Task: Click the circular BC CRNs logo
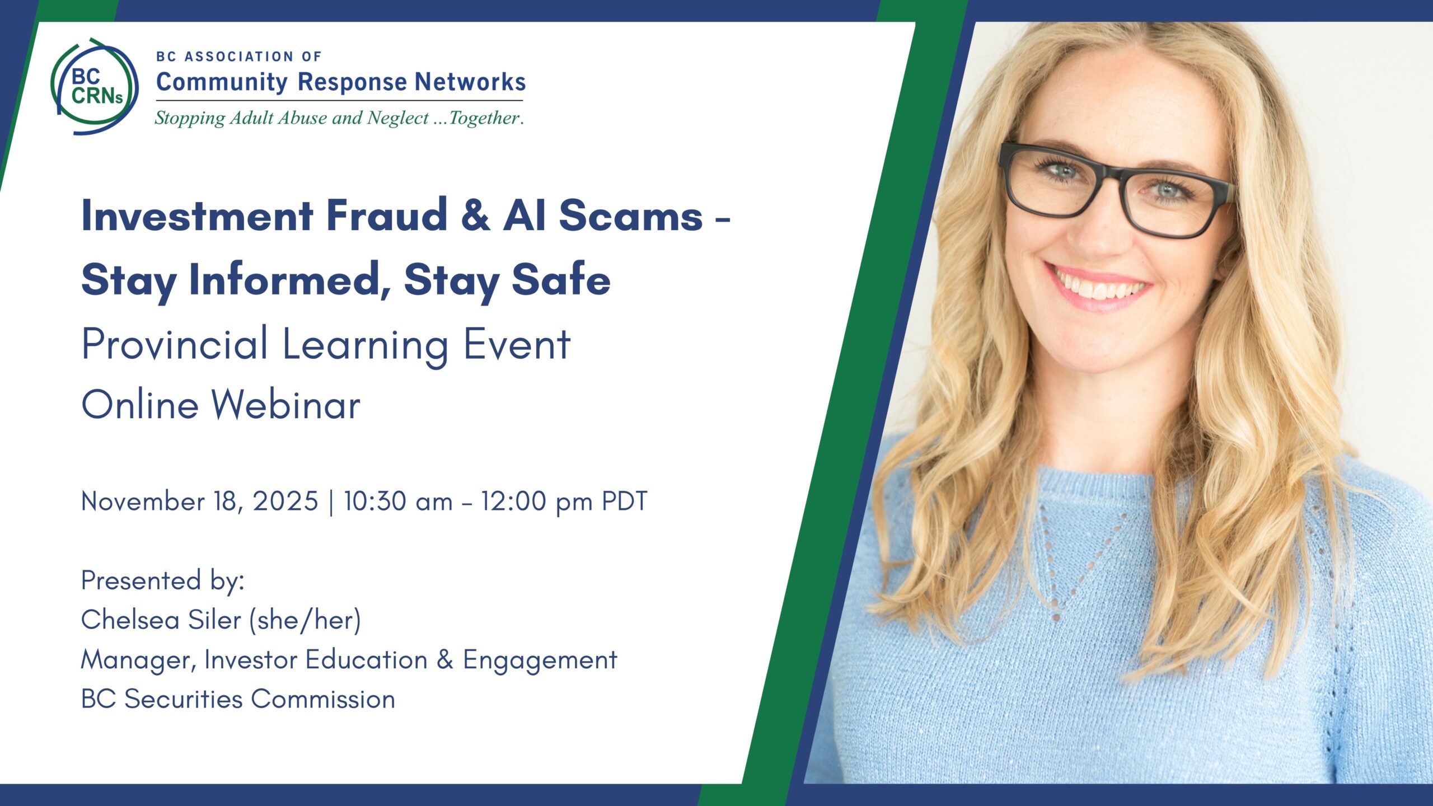coord(95,87)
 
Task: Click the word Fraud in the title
coord(387,215)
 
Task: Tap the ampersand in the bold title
coord(475,215)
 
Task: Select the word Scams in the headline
coord(631,215)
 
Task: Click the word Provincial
coord(174,344)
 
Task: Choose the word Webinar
coord(285,404)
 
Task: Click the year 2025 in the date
coord(285,501)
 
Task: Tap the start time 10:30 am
coord(398,501)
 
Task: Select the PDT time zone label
coord(624,501)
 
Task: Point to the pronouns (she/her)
coord(305,620)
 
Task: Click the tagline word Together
coord(485,118)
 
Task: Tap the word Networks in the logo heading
coord(470,82)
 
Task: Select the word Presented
coord(141,580)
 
